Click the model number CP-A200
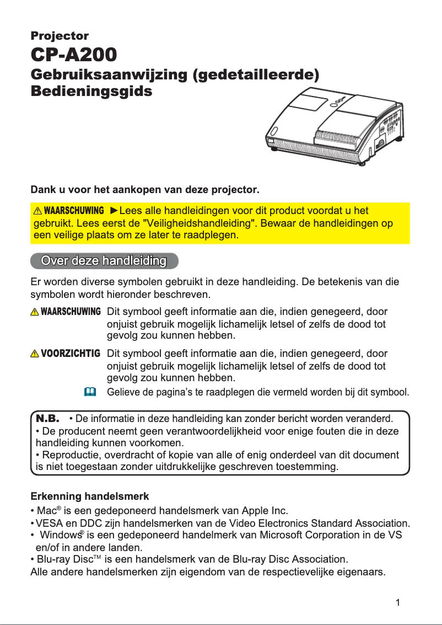tap(73, 55)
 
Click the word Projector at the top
tap(59, 36)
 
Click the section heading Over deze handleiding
tap(104, 260)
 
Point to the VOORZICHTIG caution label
tap(71, 353)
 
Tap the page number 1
tap(397, 602)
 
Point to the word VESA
tap(49, 522)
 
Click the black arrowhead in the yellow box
tap(114, 211)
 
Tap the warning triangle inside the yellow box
tap(37, 211)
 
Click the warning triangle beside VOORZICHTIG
tap(36, 354)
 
